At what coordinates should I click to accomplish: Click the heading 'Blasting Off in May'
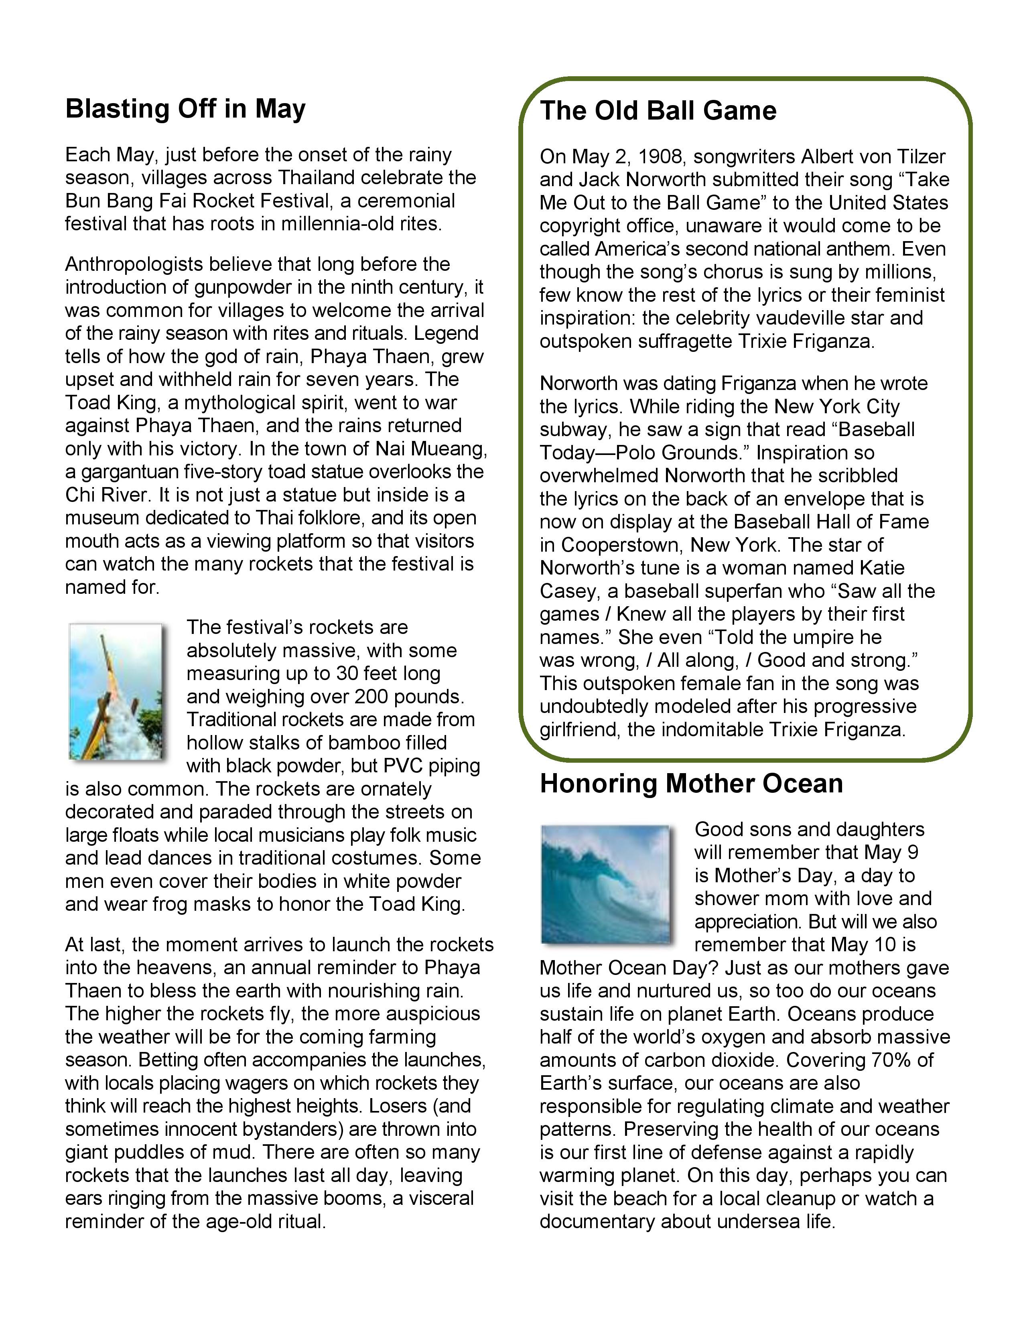click(x=185, y=109)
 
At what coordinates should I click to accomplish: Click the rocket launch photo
click(x=116, y=691)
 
